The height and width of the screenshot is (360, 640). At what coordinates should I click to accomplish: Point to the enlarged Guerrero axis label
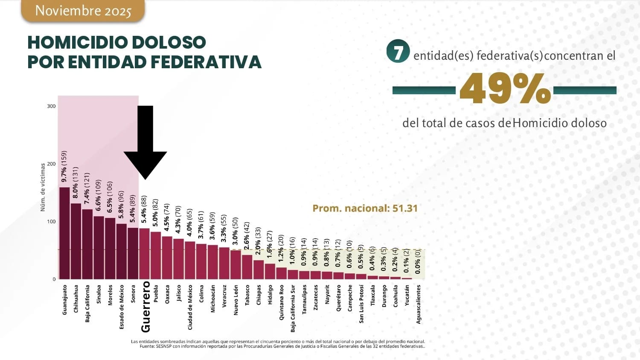tap(146, 306)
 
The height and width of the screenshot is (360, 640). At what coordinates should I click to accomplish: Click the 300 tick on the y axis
tap(51, 106)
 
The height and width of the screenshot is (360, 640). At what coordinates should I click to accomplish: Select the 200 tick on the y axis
tap(51, 164)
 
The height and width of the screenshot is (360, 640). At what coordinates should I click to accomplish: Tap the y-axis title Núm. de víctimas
tap(43, 187)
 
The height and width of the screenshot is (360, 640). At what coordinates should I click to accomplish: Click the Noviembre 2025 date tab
tap(83, 11)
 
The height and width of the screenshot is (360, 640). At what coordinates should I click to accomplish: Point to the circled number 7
tap(398, 52)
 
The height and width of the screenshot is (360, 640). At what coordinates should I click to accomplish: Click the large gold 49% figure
tap(505, 89)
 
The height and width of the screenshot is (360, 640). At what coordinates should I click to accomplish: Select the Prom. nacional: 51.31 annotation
tap(365, 208)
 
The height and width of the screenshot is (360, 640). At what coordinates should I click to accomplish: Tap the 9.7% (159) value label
tap(64, 166)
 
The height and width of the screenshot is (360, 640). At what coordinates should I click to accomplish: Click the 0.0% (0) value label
tap(418, 262)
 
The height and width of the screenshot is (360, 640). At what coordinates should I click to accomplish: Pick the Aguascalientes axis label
tap(419, 304)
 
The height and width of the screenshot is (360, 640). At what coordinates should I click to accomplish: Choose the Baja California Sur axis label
tap(293, 308)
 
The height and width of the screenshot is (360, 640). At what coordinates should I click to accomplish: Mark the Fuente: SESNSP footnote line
tap(282, 346)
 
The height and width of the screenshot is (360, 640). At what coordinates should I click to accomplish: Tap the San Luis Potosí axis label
tap(361, 304)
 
